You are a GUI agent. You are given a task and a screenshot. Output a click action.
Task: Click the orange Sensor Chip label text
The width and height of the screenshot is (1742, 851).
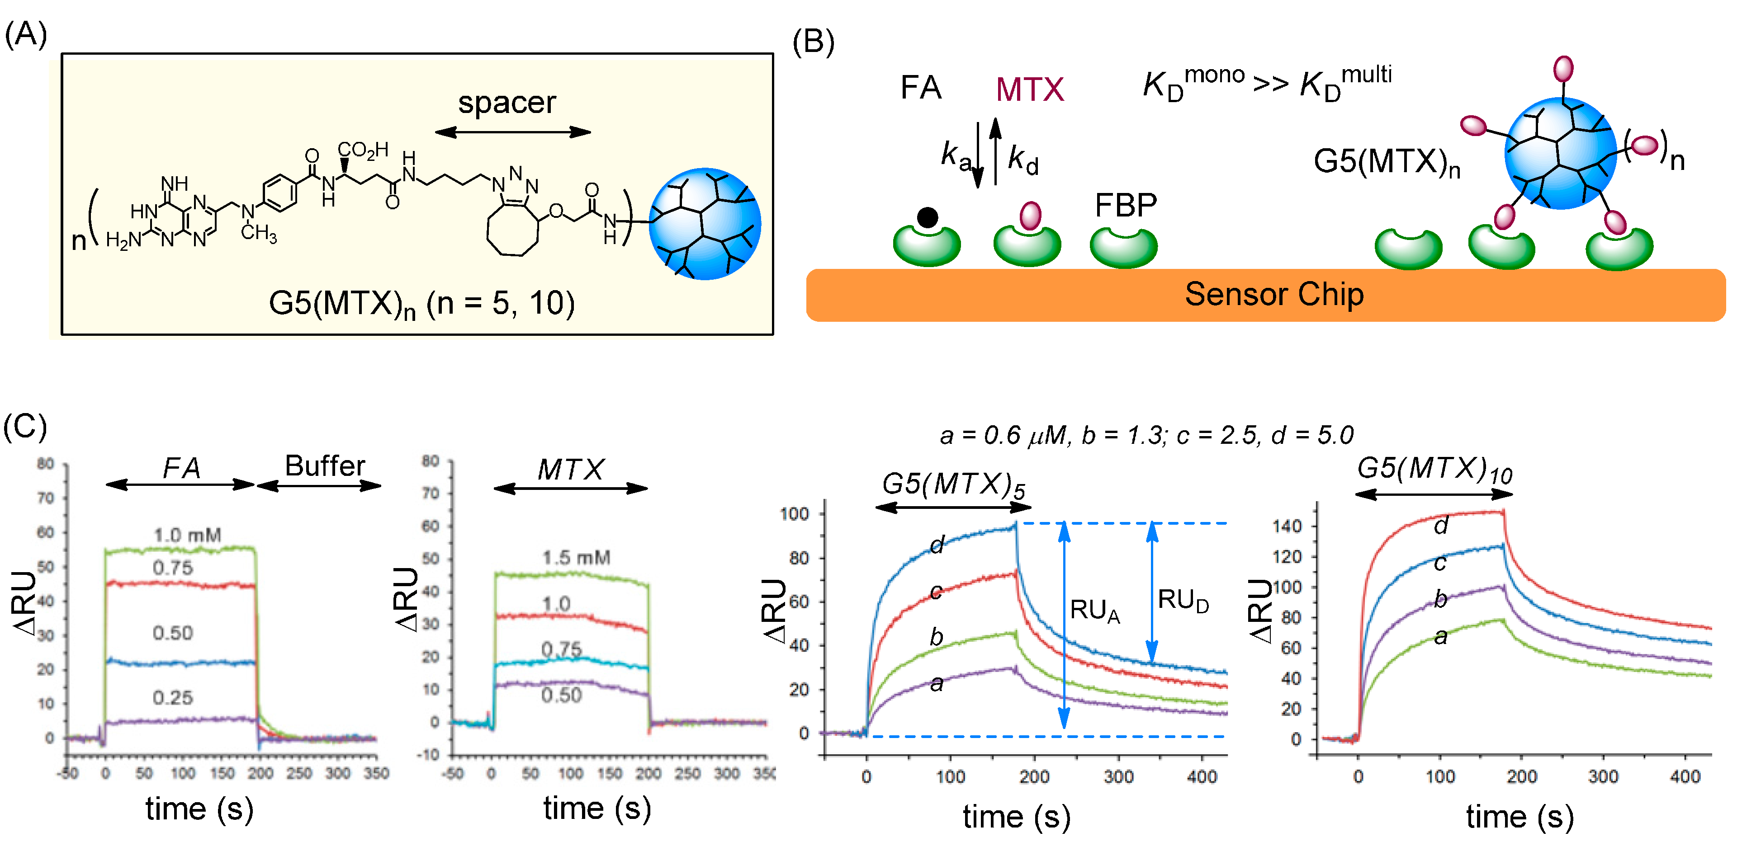(x=1273, y=295)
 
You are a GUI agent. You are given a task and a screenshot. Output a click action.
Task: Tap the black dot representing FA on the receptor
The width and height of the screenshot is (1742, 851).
(x=927, y=218)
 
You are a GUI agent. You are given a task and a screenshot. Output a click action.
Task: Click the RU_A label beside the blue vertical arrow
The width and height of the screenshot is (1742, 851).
(x=1094, y=611)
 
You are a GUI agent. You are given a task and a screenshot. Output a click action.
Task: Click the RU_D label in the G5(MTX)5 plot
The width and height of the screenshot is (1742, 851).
(x=1183, y=600)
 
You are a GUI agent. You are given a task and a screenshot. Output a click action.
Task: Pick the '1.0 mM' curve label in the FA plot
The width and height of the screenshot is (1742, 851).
(x=187, y=536)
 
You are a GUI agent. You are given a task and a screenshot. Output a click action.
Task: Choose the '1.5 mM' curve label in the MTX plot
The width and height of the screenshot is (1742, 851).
(x=576, y=558)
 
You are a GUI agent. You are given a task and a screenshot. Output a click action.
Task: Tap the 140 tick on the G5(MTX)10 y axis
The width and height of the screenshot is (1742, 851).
(x=1286, y=526)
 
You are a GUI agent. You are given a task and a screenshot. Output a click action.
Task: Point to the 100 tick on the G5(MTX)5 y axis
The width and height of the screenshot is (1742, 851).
(x=794, y=514)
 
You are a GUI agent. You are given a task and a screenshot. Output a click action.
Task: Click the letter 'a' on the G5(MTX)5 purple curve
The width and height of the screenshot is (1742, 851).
(x=937, y=683)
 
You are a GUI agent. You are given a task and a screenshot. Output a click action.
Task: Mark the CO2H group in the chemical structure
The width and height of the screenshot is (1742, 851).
(x=363, y=150)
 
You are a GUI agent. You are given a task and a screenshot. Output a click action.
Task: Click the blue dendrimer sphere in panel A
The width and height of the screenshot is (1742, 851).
(x=705, y=224)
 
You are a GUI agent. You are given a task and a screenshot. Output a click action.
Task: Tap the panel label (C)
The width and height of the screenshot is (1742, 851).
(x=25, y=427)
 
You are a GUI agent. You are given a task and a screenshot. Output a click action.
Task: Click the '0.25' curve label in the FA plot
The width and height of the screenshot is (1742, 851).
(x=172, y=697)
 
